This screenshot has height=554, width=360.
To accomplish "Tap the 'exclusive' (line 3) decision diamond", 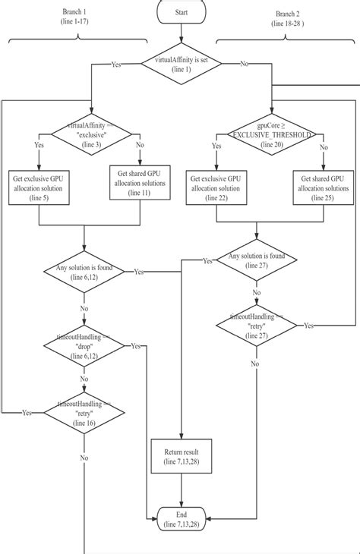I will pyautogui.click(x=90, y=134).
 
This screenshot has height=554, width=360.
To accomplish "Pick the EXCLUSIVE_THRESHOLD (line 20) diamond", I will pyautogui.click(x=270, y=134).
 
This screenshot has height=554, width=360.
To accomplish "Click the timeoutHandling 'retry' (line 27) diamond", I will pyautogui.click(x=257, y=326).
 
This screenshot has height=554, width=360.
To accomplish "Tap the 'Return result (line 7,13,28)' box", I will pyautogui.click(x=181, y=455).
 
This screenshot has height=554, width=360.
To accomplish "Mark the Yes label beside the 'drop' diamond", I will pyautogui.click(x=135, y=346).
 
